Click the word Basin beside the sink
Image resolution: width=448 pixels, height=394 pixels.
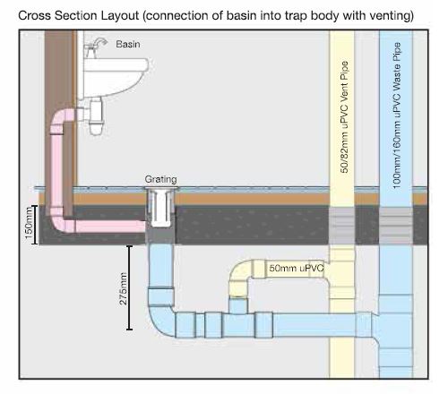pyautogui.click(x=128, y=44)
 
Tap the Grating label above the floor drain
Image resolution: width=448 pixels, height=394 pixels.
pyautogui.click(x=160, y=179)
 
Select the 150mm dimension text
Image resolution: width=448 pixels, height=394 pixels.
pyautogui.click(x=29, y=223)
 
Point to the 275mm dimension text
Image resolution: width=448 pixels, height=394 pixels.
pyautogui.click(x=123, y=288)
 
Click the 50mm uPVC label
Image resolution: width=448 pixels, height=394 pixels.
pyautogui.click(x=297, y=268)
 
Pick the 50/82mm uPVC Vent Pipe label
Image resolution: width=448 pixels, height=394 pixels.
pyautogui.click(x=344, y=117)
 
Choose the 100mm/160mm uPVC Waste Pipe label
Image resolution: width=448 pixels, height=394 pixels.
pyautogui.click(x=397, y=116)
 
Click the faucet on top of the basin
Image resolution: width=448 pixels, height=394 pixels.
pyautogui.click(x=95, y=47)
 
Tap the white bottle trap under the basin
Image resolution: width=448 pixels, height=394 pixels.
pyautogui.click(x=96, y=117)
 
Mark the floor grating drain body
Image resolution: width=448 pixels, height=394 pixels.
pyautogui.click(x=161, y=208)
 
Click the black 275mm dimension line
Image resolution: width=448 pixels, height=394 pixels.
pyautogui.click(x=129, y=287)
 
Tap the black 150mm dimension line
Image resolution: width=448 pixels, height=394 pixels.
pyautogui.click(x=35, y=225)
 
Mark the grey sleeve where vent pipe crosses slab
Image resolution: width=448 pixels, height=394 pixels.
pyautogui.click(x=341, y=226)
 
